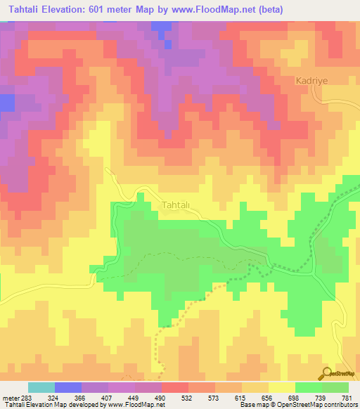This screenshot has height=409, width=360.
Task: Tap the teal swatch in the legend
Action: (x=41, y=387)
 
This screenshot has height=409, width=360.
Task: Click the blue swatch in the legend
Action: (x=68, y=387)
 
